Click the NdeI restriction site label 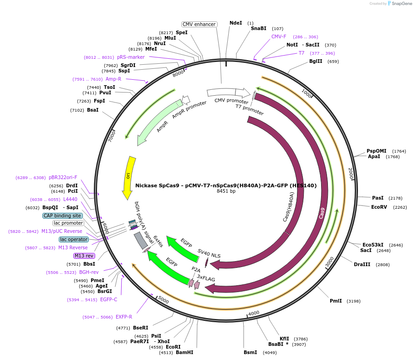click(x=236, y=23)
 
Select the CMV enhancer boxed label click(x=199, y=24)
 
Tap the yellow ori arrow click(x=129, y=177)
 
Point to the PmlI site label click(x=336, y=301)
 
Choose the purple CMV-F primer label click(x=279, y=36)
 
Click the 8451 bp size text click(x=226, y=191)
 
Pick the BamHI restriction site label click(x=184, y=352)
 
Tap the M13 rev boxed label click(x=84, y=256)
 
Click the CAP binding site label click(x=62, y=216)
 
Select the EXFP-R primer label click(x=124, y=317)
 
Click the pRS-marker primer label click(x=131, y=57)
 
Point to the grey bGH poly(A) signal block click(x=141, y=240)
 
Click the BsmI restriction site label click(x=250, y=352)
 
